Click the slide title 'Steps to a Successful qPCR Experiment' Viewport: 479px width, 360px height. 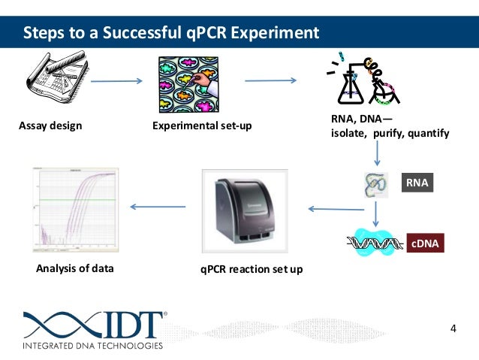(x=170, y=33)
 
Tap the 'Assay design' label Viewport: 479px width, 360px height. (x=50, y=126)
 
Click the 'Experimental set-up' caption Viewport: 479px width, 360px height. (x=203, y=126)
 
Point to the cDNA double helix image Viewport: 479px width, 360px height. (x=375, y=242)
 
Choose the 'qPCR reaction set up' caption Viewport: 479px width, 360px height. (x=252, y=268)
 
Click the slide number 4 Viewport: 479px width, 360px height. (x=453, y=328)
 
